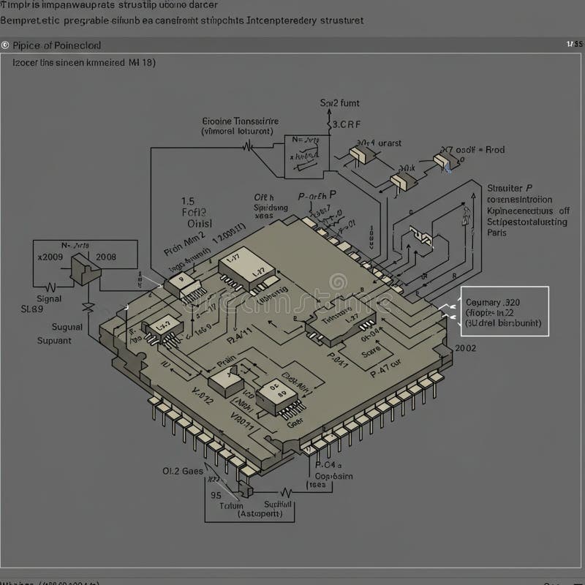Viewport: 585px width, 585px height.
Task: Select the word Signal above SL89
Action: (49, 298)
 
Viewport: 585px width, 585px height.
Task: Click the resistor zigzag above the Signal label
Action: (51, 287)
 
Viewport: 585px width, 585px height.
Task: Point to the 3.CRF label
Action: (347, 124)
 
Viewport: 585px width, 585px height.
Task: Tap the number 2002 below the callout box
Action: (465, 348)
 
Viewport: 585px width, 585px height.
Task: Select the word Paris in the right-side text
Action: (497, 233)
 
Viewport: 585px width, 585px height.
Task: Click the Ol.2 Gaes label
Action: (182, 472)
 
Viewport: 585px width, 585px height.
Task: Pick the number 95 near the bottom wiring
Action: (216, 494)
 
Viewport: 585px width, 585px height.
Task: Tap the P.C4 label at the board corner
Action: (327, 464)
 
